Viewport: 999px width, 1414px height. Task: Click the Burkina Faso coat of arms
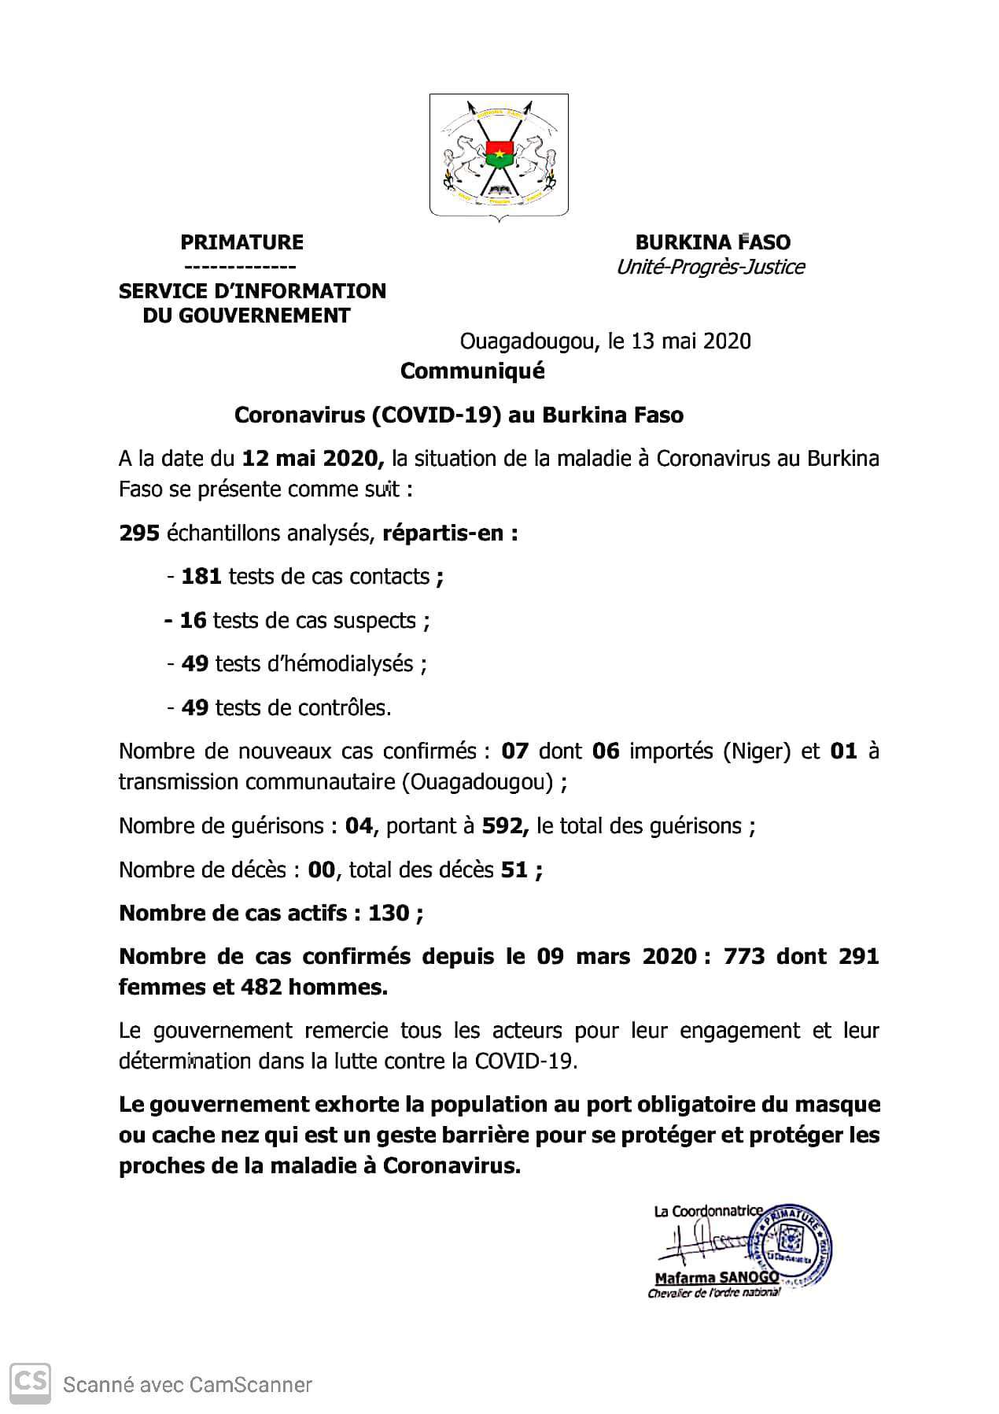point(499,155)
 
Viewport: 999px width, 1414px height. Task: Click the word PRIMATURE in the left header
point(241,242)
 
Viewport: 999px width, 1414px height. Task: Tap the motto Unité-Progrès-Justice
point(710,268)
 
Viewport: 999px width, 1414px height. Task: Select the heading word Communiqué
point(472,371)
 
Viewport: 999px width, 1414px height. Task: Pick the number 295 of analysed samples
point(139,533)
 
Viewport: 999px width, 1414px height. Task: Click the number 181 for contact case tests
point(201,577)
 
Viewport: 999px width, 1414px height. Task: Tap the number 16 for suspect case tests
point(194,621)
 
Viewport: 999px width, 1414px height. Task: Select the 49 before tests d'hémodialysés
point(195,664)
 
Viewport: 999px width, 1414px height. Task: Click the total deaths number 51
point(514,870)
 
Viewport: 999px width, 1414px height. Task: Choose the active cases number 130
point(389,914)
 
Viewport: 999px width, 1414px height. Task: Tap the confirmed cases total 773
point(743,957)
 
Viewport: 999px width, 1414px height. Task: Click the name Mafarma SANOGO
point(717,1278)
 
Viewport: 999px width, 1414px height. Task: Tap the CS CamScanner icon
point(30,1383)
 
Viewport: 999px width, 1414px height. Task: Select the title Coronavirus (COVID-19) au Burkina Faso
point(459,415)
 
